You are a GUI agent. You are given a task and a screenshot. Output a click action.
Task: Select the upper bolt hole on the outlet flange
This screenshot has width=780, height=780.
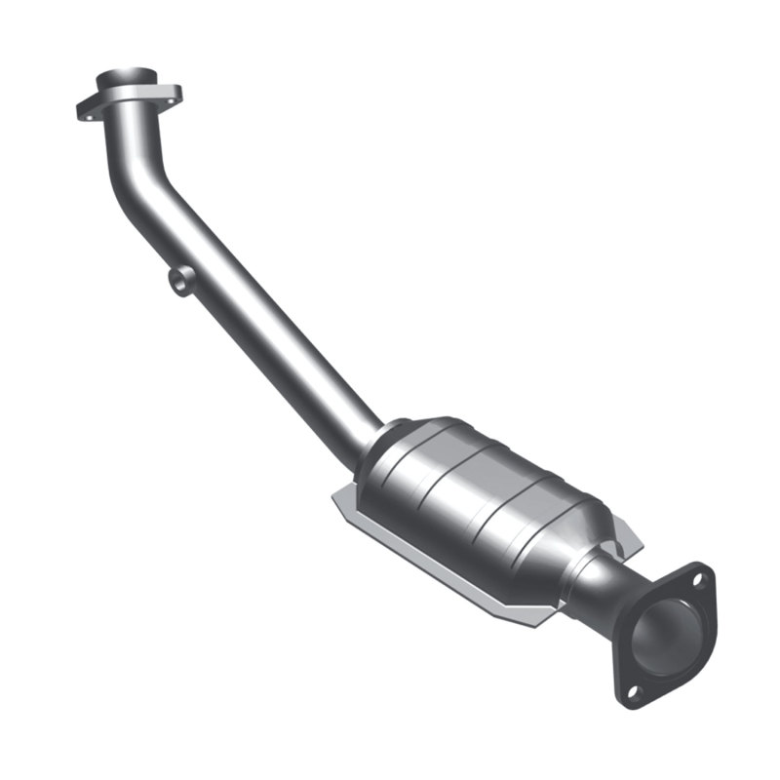tap(695, 582)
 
